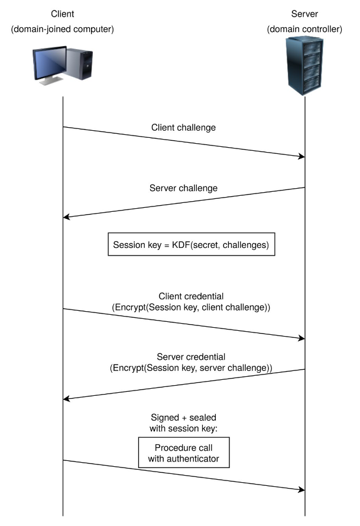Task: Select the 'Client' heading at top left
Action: point(62,13)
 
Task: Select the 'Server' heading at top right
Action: point(304,13)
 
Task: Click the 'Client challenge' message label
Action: point(184,127)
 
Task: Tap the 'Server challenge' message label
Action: point(184,188)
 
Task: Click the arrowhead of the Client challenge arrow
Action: point(301,156)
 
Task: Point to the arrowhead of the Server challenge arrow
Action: point(67,217)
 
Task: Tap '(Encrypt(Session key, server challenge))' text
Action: point(191,369)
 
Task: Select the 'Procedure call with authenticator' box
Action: point(183,453)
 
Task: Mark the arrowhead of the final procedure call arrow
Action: point(301,489)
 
